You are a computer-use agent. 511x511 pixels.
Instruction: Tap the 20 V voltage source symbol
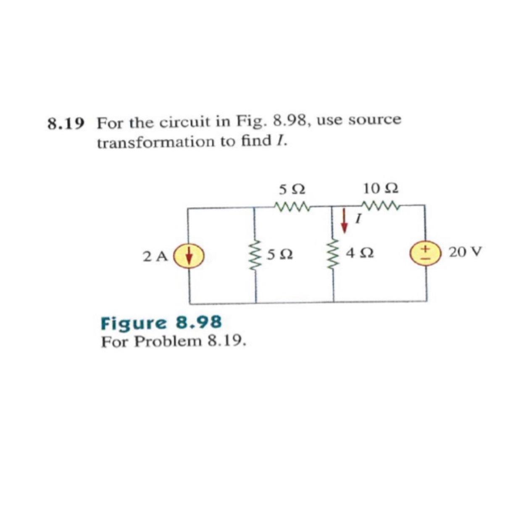click(425, 253)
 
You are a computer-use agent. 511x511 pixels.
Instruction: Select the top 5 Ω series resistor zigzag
click(292, 206)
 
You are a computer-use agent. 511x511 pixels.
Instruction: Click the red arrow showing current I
click(345, 222)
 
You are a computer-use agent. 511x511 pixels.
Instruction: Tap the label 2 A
click(155, 255)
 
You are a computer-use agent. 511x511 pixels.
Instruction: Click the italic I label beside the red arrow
click(358, 219)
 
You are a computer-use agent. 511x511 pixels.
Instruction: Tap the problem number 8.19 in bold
click(66, 124)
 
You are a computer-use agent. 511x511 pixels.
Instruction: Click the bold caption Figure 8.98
click(161, 323)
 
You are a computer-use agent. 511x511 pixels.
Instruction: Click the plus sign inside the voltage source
click(425, 249)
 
